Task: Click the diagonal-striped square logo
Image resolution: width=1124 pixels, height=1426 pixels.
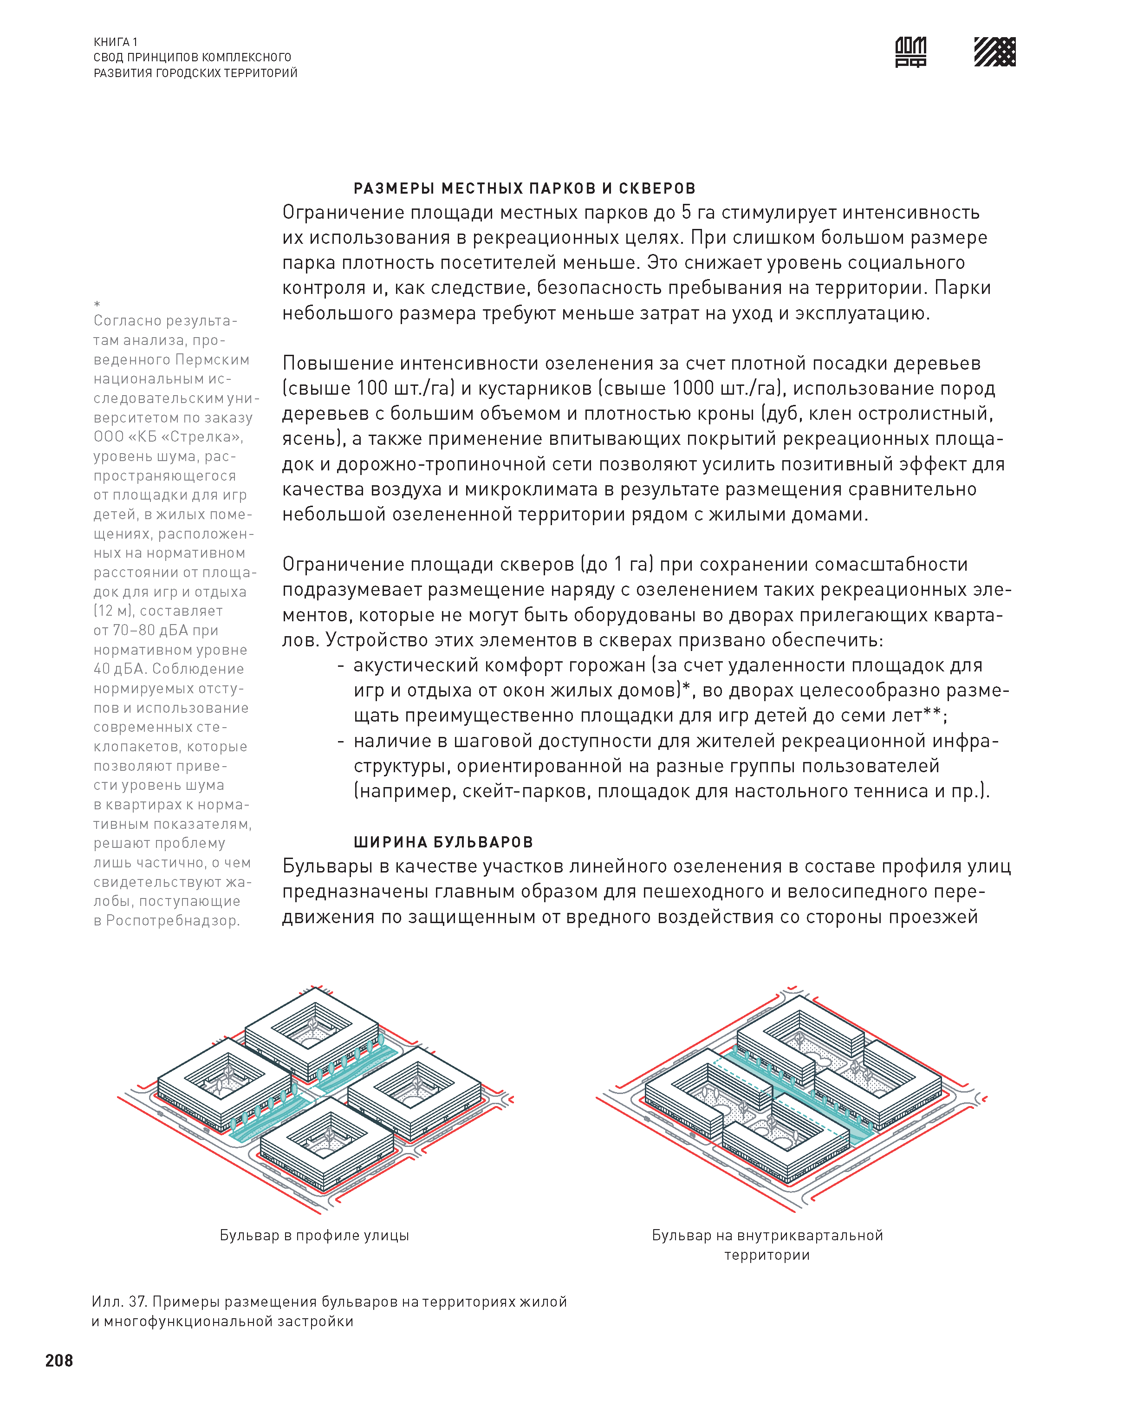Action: point(994,52)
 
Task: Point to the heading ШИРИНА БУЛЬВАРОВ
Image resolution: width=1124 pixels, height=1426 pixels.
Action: point(443,842)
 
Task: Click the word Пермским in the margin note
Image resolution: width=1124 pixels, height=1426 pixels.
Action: point(212,360)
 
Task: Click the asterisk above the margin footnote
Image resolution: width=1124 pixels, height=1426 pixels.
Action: point(97,304)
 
